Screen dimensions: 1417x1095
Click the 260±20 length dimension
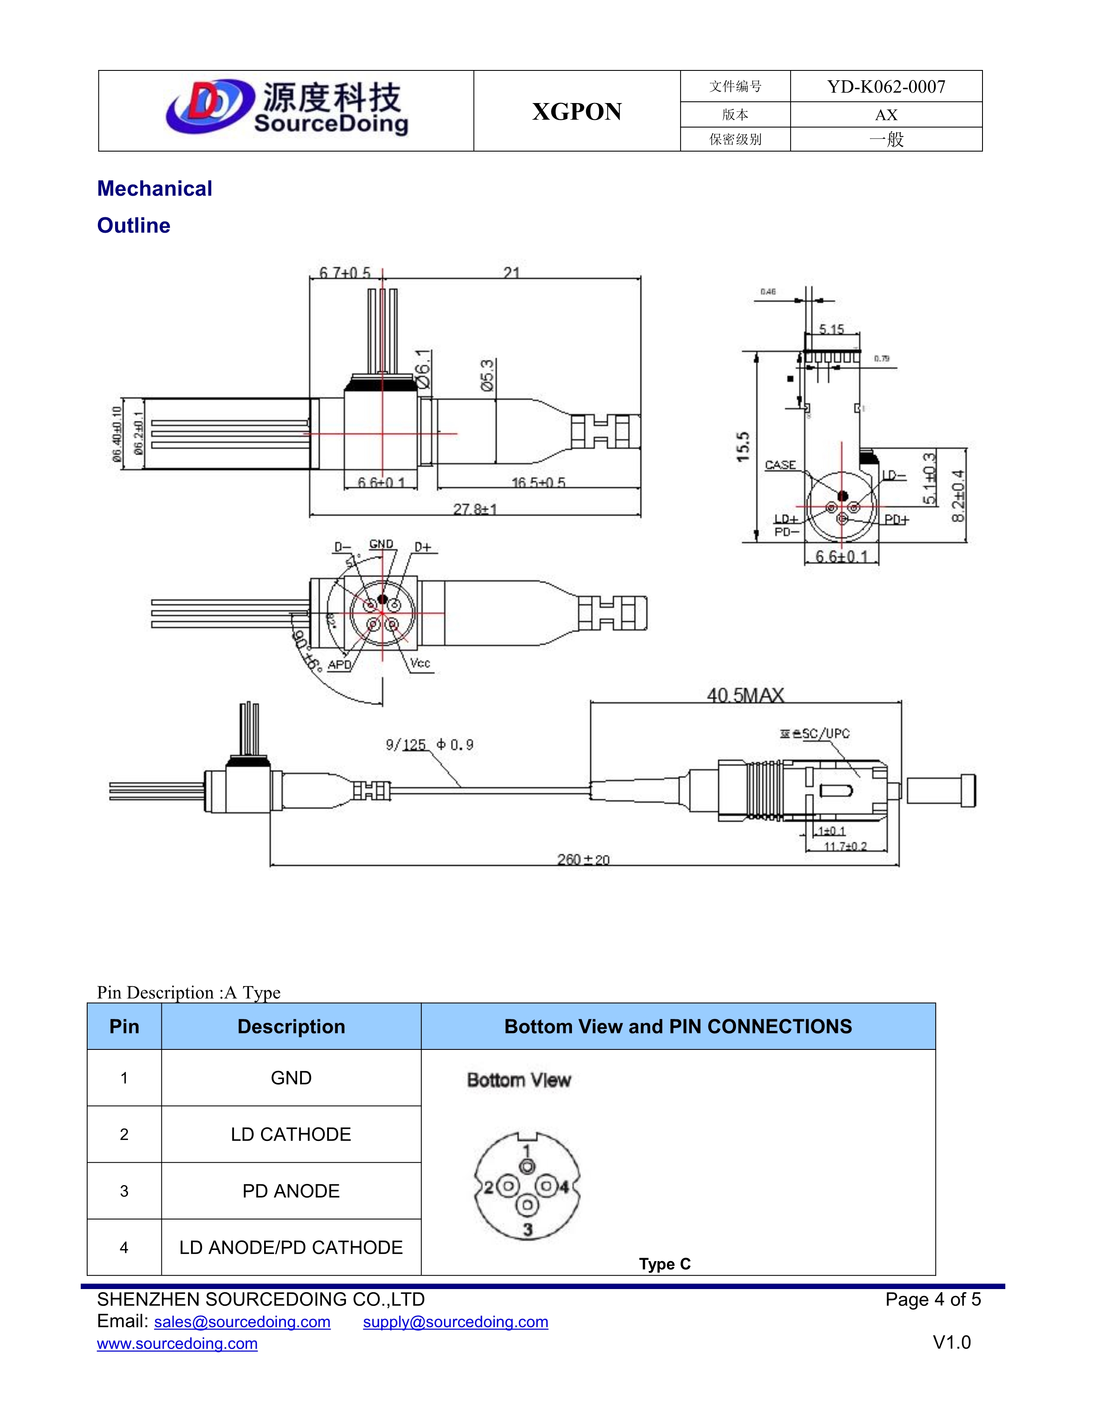point(583,860)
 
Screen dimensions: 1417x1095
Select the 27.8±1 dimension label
point(475,509)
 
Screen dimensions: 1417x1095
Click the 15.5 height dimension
point(743,447)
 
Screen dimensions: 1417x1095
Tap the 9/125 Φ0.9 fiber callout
point(429,744)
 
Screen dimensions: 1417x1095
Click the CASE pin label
point(780,465)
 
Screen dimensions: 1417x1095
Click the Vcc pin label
point(420,663)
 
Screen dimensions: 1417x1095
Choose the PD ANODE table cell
point(291,1191)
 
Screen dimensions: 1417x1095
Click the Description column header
point(291,1026)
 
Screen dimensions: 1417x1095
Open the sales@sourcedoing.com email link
point(242,1322)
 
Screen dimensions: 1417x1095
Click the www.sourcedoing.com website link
point(177,1343)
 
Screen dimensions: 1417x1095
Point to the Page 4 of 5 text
point(932,1300)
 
